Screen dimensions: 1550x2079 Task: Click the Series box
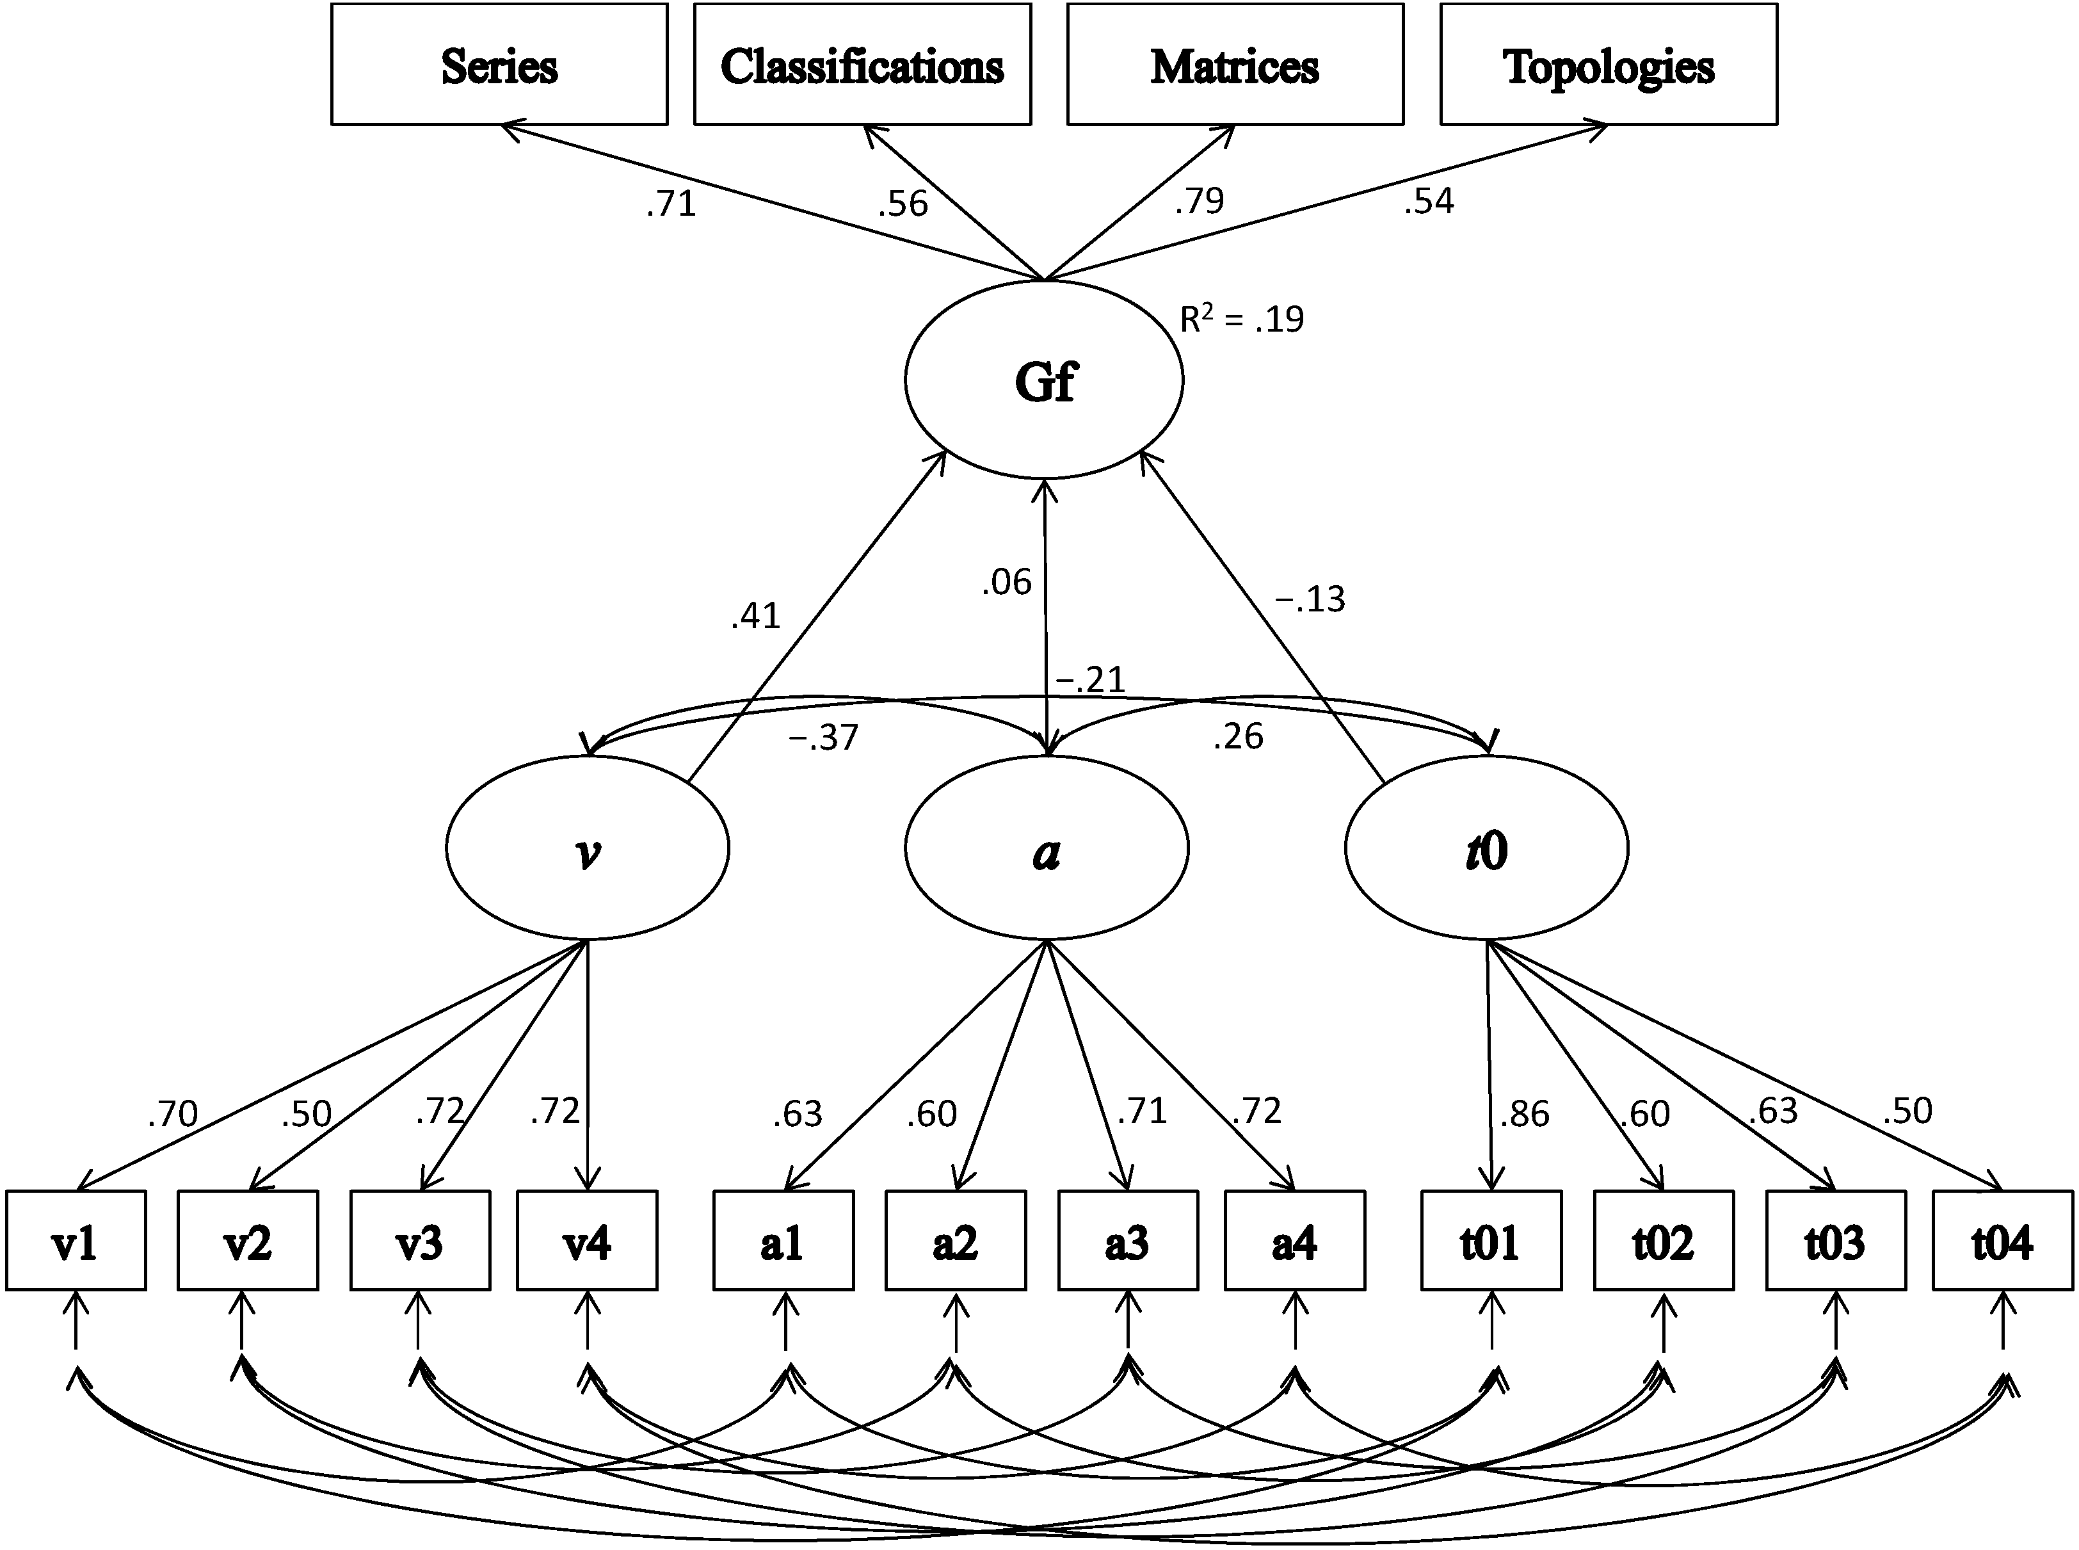pos(499,65)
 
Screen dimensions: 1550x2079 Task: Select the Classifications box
pos(862,65)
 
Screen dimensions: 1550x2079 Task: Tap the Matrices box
pos(1235,65)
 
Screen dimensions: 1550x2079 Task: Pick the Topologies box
pos(1608,65)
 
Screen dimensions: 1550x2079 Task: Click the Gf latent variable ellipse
pos(1043,380)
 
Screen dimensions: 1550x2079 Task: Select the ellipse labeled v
pos(586,849)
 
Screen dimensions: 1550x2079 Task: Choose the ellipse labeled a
pos(1046,849)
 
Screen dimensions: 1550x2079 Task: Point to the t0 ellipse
pos(1486,849)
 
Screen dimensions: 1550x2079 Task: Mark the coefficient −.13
pos(1310,599)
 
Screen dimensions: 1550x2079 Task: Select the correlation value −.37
pos(823,738)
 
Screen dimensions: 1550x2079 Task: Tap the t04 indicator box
pos(2002,1240)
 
